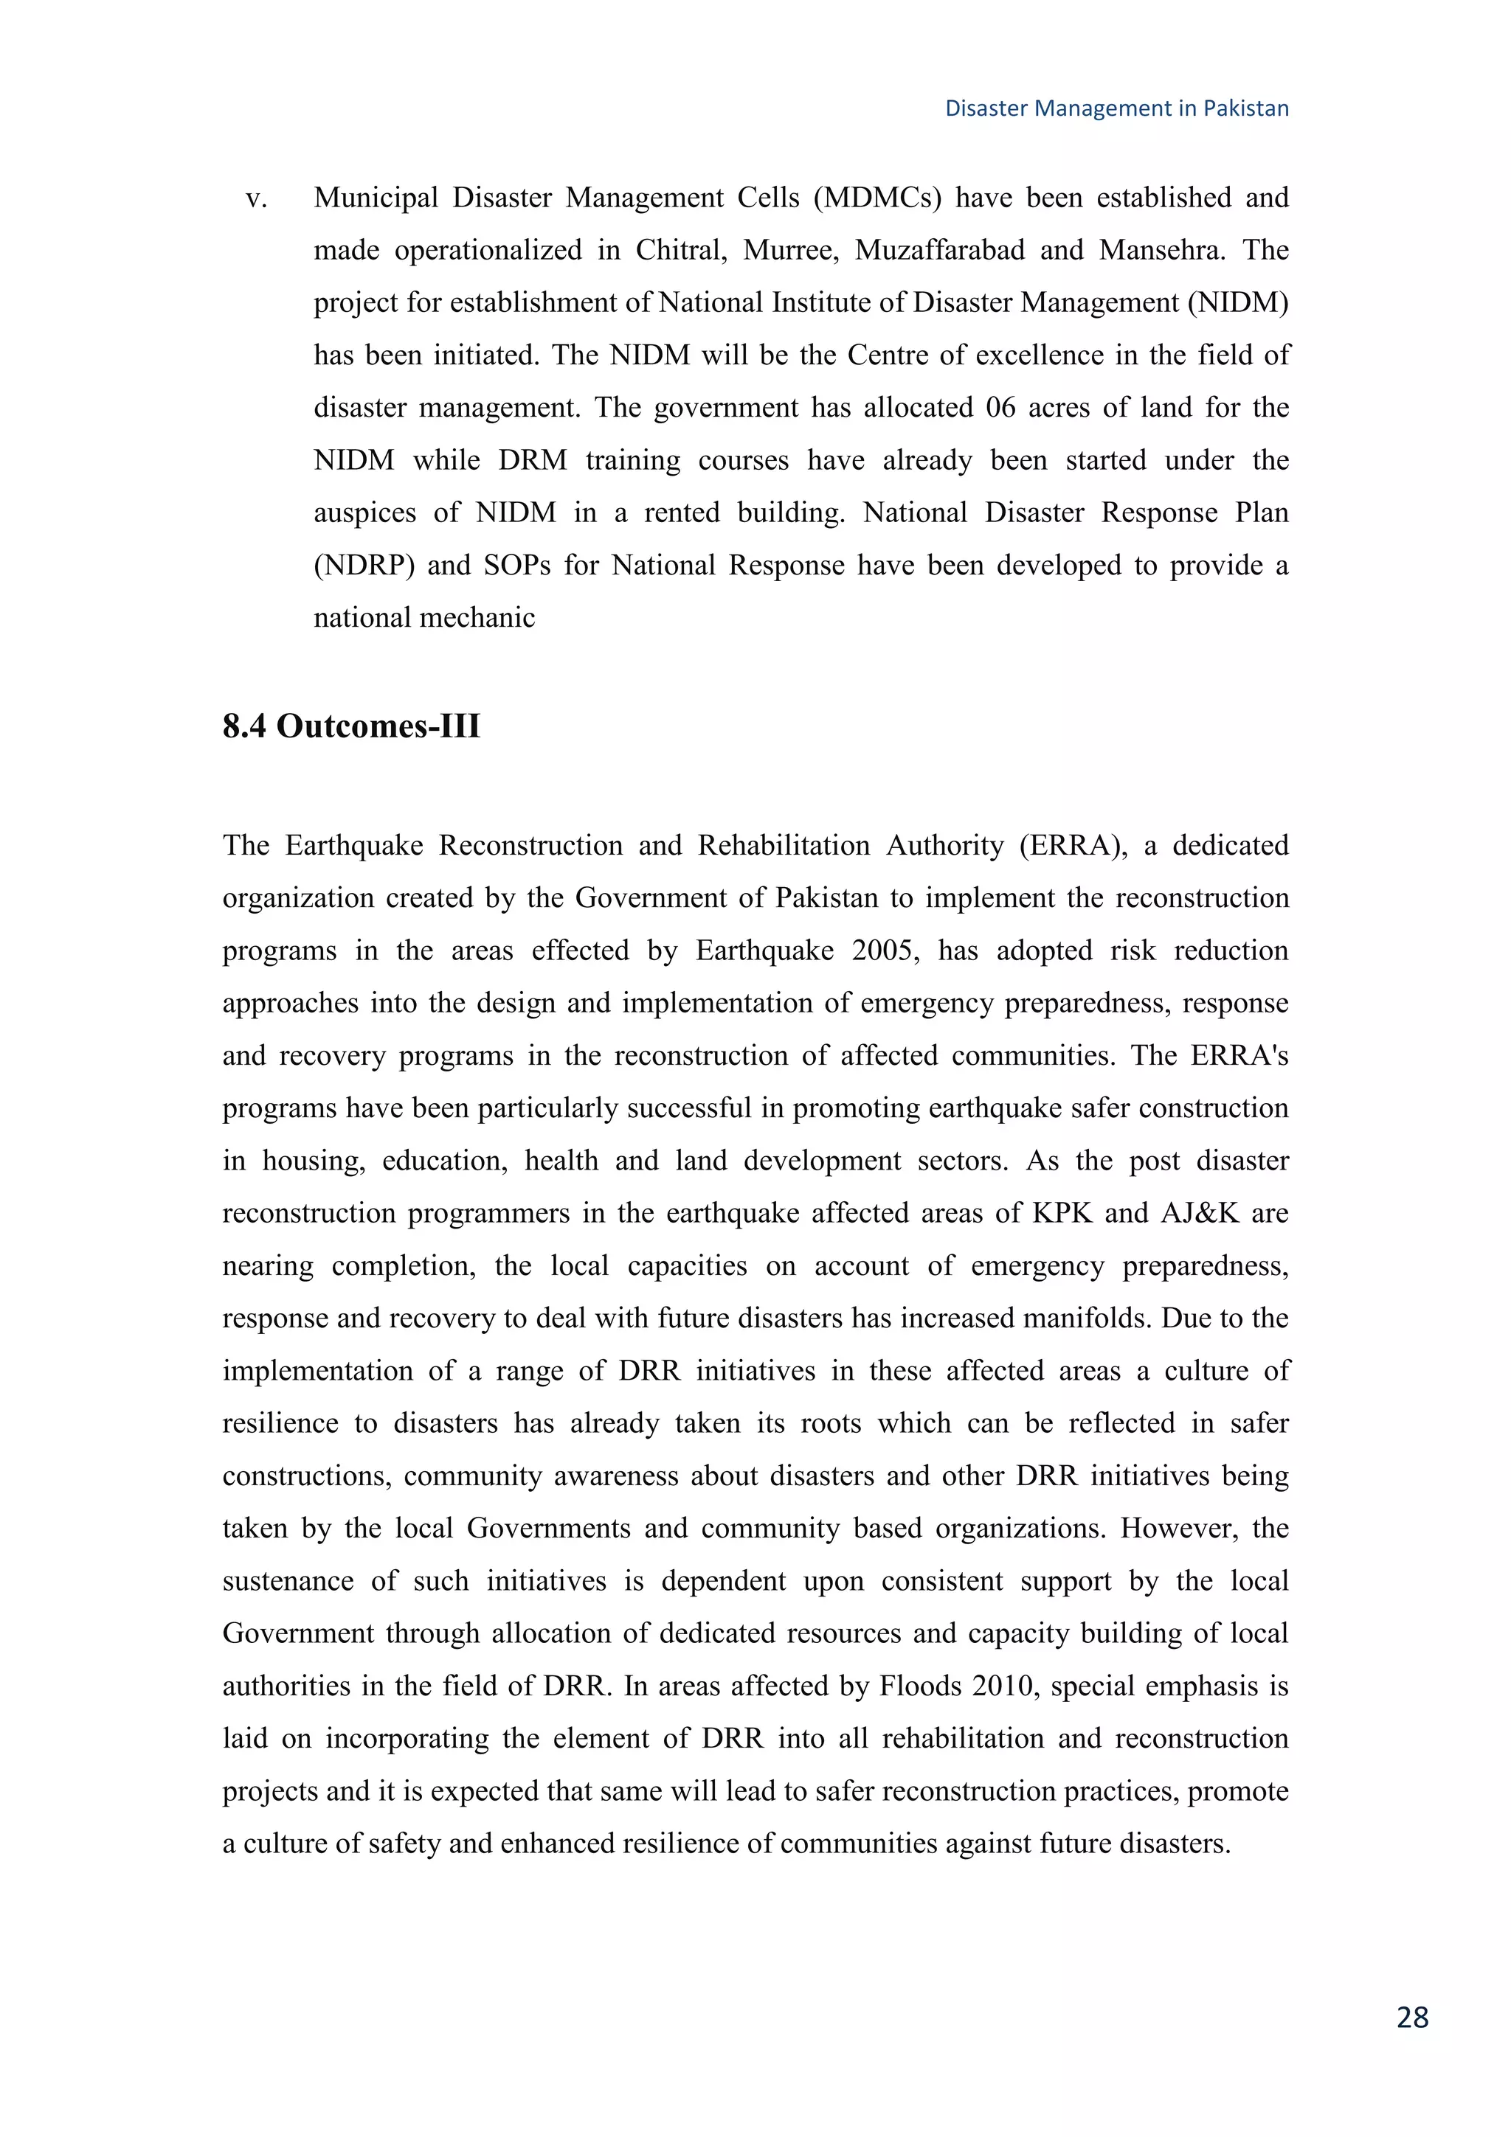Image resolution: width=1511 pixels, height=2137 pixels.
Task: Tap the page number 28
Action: [1412, 2017]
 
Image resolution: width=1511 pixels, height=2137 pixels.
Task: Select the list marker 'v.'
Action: [256, 198]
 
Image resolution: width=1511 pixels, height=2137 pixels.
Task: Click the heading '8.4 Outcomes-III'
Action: [351, 726]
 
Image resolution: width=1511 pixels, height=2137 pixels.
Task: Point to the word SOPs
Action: [516, 566]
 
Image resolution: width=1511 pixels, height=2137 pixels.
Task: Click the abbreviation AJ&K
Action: [1200, 1213]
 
